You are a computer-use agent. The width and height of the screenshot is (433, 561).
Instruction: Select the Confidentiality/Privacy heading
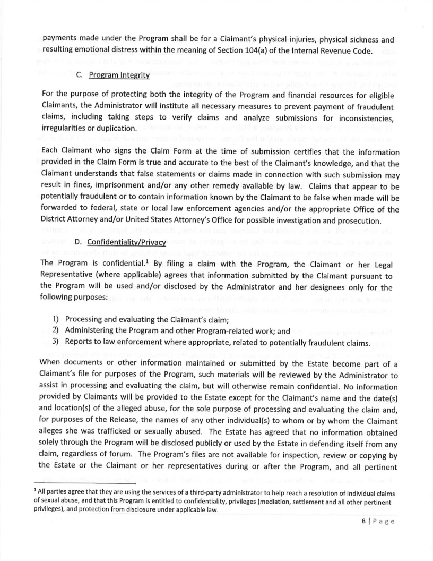[x=119, y=242]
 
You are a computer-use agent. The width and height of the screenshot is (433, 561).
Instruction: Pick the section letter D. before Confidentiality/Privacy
[x=80, y=242]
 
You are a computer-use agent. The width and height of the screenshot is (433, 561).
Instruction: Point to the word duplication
[x=116, y=129]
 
